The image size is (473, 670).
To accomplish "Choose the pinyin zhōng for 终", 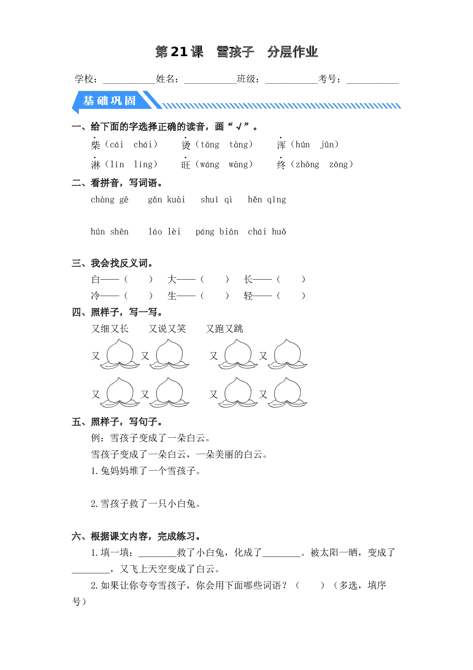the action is coord(307,164).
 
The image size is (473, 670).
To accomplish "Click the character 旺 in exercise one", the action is coord(186,165).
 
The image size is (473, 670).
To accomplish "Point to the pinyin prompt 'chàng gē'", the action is coord(109,200).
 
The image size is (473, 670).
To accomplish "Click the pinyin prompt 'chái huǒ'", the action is coord(267,231).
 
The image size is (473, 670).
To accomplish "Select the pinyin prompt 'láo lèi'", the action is coord(164,231).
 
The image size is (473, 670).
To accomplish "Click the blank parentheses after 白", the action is coord(138,280).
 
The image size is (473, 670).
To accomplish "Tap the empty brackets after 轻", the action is coord(291,296).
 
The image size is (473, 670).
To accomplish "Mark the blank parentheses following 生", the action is coord(215,296).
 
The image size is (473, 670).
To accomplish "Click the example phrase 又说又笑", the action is coord(167,329).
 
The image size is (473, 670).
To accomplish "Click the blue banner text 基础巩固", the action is coord(109,100).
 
